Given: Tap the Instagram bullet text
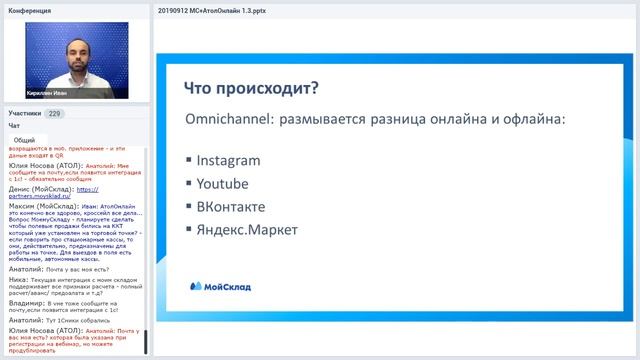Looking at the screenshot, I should [x=228, y=160].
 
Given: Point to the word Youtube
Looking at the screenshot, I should [x=222, y=184].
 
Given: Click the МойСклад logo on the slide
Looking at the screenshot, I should [x=221, y=286].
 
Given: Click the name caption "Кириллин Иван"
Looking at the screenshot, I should [x=50, y=92].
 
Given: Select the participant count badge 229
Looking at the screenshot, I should [x=55, y=114].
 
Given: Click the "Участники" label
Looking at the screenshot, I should [x=25, y=114].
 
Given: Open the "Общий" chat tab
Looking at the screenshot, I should [x=24, y=140].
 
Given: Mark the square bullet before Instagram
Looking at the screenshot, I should [x=189, y=161].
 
